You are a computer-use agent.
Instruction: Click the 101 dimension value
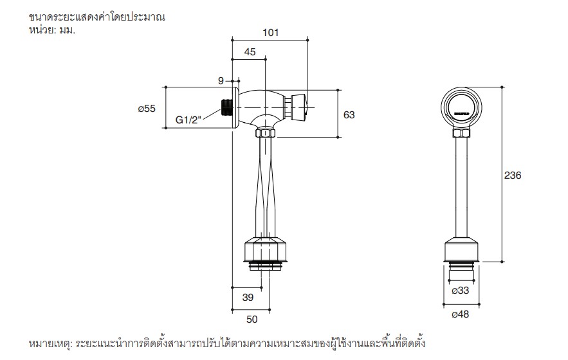[270, 33]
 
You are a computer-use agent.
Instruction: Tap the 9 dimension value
[221, 80]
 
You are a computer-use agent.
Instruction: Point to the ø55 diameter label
[147, 109]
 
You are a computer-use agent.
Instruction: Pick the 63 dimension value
[349, 114]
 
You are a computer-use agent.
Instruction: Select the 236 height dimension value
[513, 175]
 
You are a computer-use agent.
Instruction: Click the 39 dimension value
[248, 297]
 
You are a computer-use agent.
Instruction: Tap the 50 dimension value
[252, 319]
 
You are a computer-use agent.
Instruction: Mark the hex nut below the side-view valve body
[265, 133]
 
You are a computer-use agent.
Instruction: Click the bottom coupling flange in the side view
[264, 251]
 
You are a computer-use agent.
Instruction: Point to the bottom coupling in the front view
[462, 251]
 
